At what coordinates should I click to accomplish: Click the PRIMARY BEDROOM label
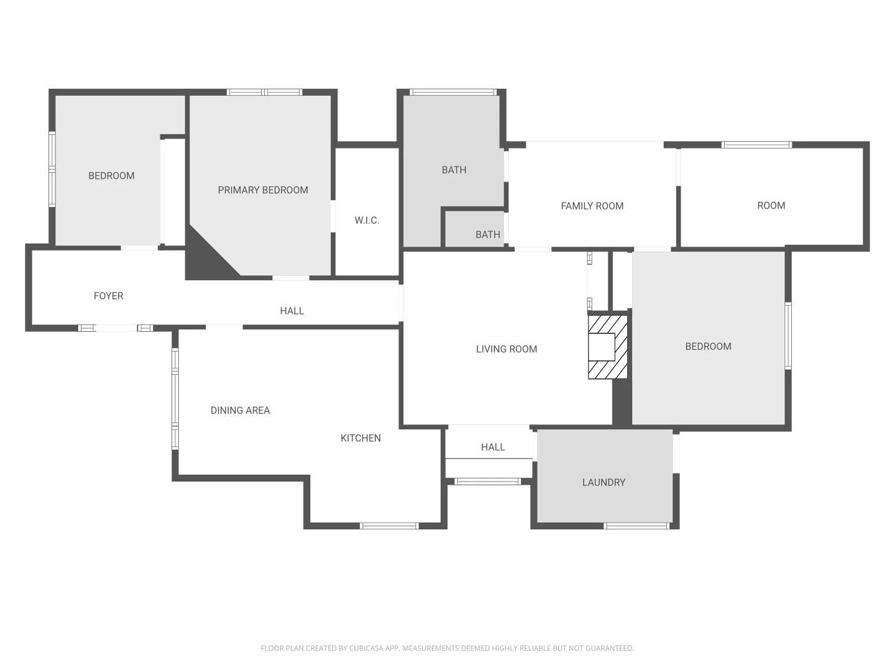coord(263,190)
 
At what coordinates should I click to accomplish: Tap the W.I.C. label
coord(367,221)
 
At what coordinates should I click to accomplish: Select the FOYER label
coord(108,296)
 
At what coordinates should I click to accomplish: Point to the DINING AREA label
coord(240,410)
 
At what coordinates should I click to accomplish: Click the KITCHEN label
coord(360,438)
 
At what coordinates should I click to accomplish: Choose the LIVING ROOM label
coord(507,349)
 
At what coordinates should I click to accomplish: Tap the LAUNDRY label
coord(604,482)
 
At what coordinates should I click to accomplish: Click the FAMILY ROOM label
coord(592,206)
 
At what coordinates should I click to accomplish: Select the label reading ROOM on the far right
coord(771,206)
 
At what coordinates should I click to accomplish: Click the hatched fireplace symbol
coord(607,347)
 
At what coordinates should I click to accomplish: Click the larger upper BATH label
coord(454,170)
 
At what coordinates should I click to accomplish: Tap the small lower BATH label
coord(487,234)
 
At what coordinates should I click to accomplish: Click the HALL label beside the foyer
coord(291,311)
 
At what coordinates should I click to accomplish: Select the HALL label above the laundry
coord(493,447)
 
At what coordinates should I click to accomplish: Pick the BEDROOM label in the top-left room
coord(111,176)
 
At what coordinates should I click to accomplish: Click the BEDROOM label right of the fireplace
coord(708,347)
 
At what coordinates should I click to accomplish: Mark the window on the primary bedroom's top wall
coord(264,92)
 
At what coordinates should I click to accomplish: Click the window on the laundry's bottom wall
coord(636,526)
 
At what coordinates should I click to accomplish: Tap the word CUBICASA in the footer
coord(365,648)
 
